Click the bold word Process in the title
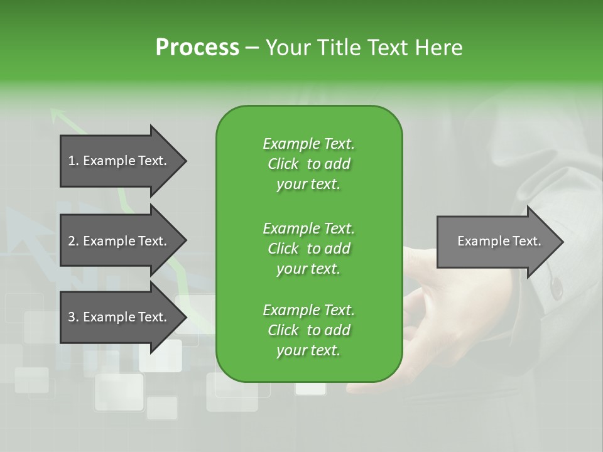click(197, 48)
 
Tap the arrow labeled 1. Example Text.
click(118, 161)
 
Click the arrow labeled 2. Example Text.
click(118, 241)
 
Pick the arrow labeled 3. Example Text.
click(118, 317)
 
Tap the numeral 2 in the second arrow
click(72, 241)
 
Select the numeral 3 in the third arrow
click(72, 317)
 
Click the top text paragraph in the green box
click(308, 164)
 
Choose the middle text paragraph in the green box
click(308, 248)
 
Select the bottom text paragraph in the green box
click(308, 330)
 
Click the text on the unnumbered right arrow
click(499, 241)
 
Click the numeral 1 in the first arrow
click(72, 161)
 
